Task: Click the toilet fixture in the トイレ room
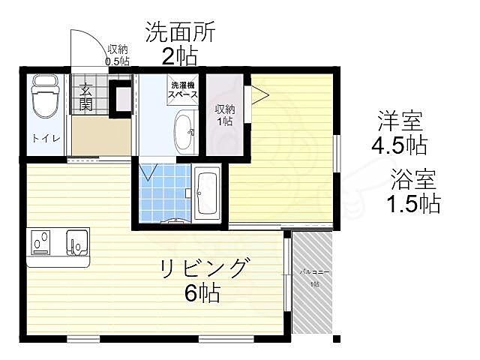43,97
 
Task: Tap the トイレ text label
42,138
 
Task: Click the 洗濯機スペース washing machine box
183,90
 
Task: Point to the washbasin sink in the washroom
183,133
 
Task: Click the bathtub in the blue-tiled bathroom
206,193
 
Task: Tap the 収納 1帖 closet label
223,114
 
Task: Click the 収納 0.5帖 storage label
117,55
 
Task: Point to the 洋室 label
399,120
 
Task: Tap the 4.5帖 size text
399,143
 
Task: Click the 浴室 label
411,180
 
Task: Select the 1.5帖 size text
412,203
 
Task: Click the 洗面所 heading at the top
180,32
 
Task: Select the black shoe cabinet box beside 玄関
119,98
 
